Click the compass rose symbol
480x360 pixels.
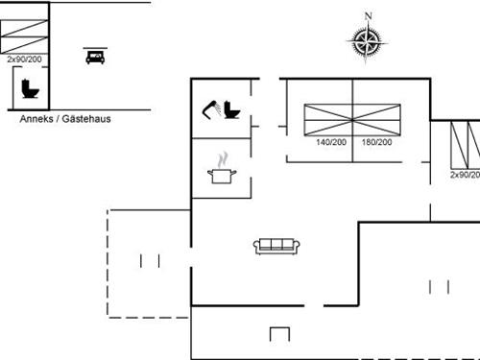(x=367, y=41)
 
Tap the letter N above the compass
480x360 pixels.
(x=367, y=15)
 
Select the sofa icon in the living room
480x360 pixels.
(x=277, y=246)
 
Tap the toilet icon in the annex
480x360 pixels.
(x=28, y=88)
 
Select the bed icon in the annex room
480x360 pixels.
(x=94, y=57)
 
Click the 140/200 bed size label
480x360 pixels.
(x=331, y=142)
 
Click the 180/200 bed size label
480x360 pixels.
(x=377, y=142)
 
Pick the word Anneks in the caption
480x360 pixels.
(x=38, y=120)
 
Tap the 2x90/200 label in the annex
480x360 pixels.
(x=24, y=59)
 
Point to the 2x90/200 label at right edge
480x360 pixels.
(x=465, y=175)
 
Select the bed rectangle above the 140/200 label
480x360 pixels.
(x=328, y=120)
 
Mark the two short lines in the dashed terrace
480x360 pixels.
(x=149, y=260)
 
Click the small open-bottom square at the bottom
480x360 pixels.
(x=279, y=334)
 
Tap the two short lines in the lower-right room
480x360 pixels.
(x=439, y=286)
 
